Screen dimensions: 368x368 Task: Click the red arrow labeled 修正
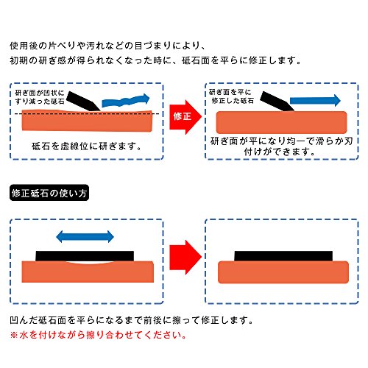(185, 117)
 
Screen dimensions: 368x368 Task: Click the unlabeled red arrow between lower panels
(185, 257)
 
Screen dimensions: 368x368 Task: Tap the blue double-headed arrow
(85, 236)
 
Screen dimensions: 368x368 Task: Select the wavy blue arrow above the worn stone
(125, 100)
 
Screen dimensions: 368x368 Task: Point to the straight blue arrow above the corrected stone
(315, 101)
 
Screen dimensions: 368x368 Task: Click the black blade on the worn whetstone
(84, 101)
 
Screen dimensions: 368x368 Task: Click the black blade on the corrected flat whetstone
(277, 101)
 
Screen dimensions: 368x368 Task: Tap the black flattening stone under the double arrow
(85, 256)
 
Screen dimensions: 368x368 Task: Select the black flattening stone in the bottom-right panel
(283, 256)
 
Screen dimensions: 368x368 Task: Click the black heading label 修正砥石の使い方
(49, 193)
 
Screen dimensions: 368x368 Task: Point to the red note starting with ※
(98, 335)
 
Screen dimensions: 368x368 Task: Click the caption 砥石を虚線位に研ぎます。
(87, 146)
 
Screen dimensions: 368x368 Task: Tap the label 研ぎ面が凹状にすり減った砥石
(40, 97)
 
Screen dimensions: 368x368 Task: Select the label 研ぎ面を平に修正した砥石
(231, 96)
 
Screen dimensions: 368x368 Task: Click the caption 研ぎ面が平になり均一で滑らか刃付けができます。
(281, 146)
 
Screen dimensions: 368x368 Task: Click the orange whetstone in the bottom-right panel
(283, 272)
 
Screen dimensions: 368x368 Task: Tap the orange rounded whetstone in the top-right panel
(281, 122)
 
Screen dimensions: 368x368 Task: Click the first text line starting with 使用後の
(107, 46)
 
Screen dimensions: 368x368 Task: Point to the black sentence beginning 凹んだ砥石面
(131, 320)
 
